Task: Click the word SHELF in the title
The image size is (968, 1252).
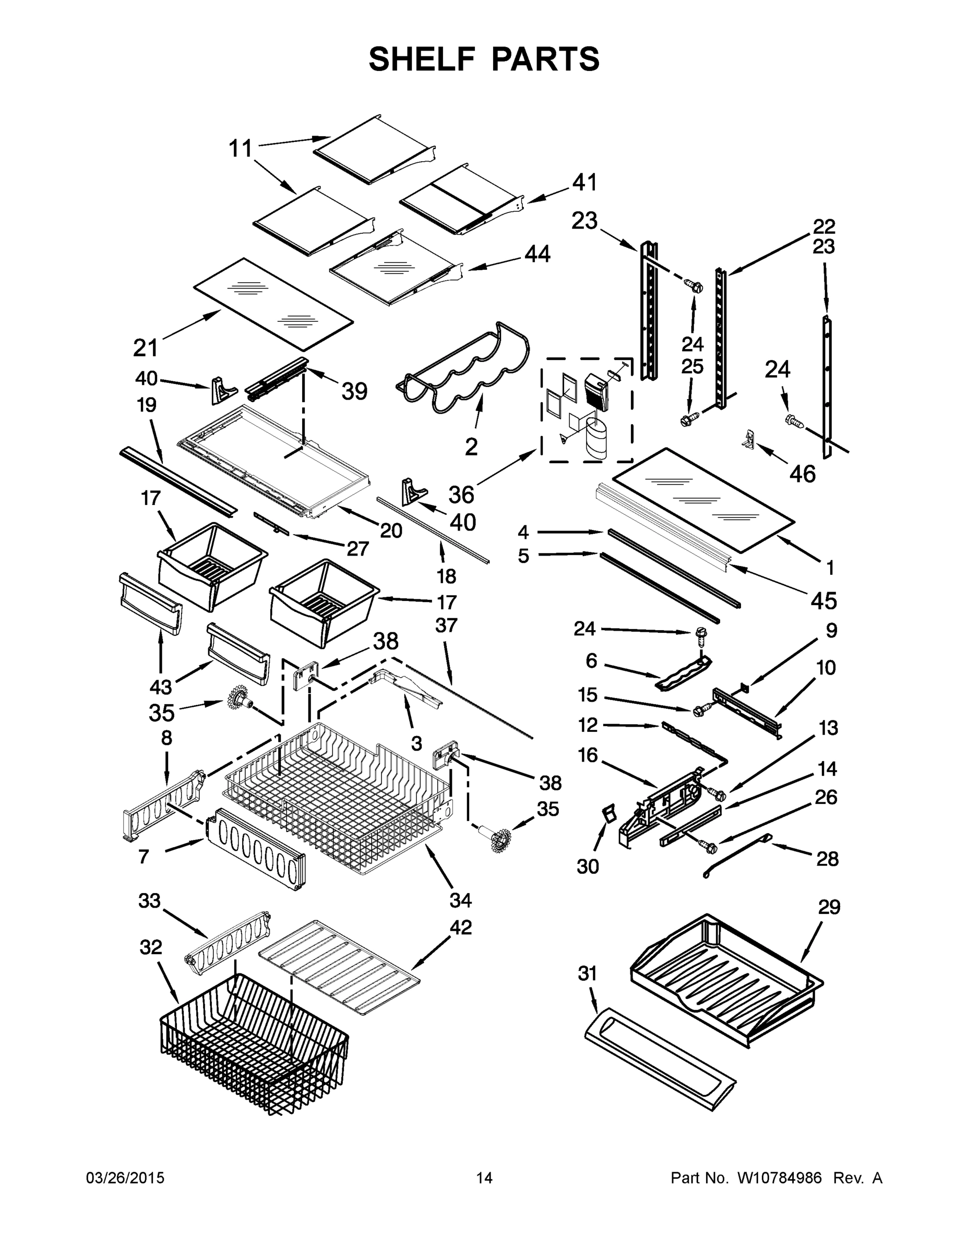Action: [422, 58]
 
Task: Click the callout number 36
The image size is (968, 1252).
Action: [461, 494]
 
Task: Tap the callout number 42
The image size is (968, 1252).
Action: [460, 928]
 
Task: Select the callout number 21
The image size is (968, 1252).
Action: [145, 347]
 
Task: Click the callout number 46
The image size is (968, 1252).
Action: [802, 474]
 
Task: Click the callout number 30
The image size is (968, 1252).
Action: [588, 867]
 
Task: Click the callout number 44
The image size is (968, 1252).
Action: [537, 254]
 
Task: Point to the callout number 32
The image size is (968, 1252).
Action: [151, 947]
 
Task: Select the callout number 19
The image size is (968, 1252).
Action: [146, 405]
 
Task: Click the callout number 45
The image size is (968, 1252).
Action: [824, 600]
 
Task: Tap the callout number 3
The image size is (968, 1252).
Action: [416, 743]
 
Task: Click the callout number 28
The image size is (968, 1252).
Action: [827, 859]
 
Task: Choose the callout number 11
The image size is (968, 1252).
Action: [240, 149]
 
